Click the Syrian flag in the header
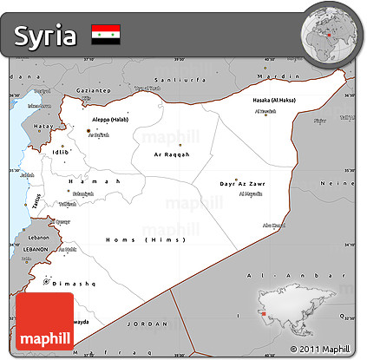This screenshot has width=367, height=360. pyautogui.click(x=105, y=34)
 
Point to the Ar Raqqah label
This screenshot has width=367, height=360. pyautogui.click(x=171, y=154)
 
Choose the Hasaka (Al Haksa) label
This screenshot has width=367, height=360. pyautogui.click(x=274, y=100)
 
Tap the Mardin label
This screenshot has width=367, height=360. pyautogui.click(x=275, y=75)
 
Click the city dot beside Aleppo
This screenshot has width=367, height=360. pyautogui.click(x=88, y=130)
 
